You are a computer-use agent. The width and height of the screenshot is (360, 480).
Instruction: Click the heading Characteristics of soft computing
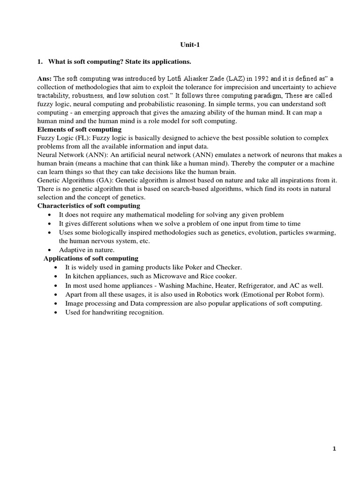tap(89, 206)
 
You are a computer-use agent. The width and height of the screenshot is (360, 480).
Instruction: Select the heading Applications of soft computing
tap(91, 258)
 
